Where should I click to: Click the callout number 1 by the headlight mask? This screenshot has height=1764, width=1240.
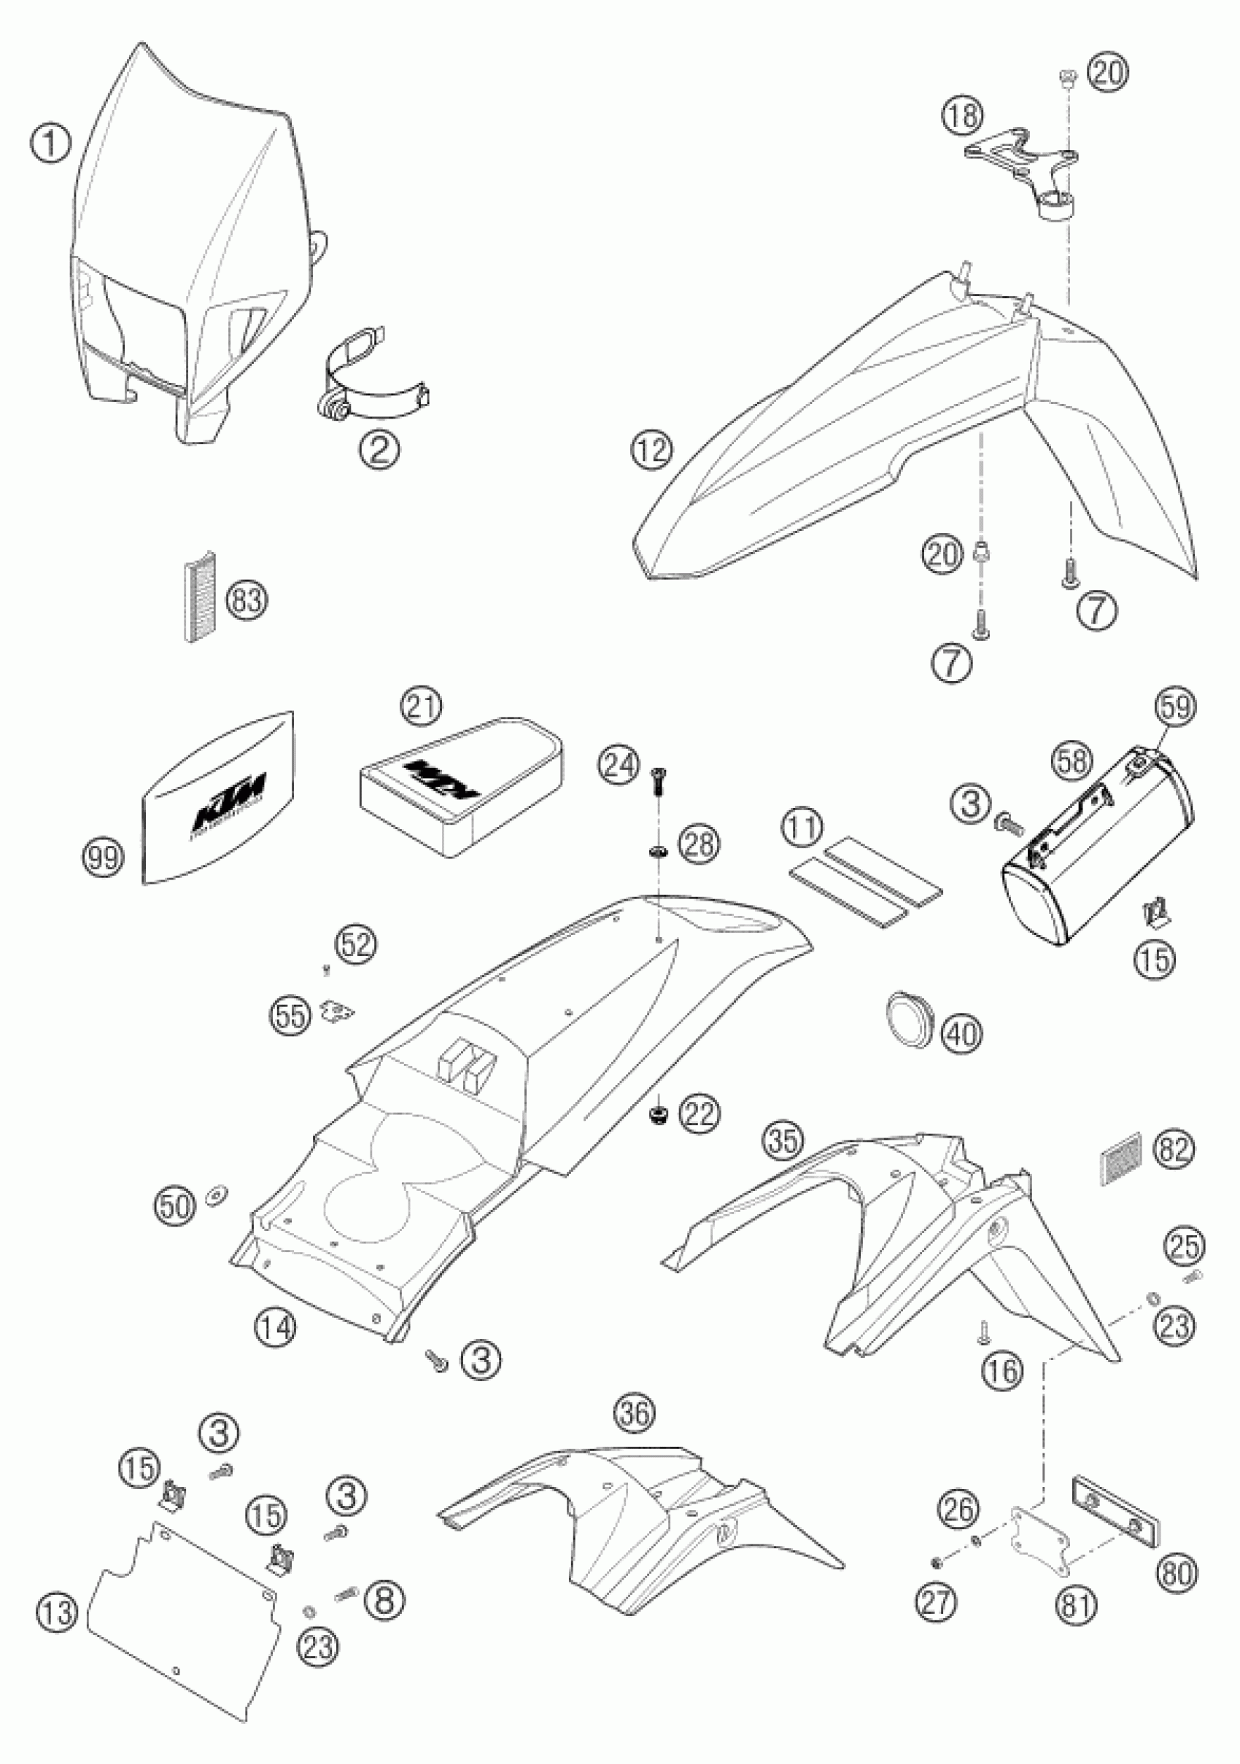[52, 144]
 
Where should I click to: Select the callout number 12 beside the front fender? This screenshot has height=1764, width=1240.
[653, 449]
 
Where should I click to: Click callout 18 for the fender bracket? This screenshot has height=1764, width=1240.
[963, 114]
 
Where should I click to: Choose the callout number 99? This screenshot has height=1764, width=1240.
[104, 858]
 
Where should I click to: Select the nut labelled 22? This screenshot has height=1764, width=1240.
[659, 1114]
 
